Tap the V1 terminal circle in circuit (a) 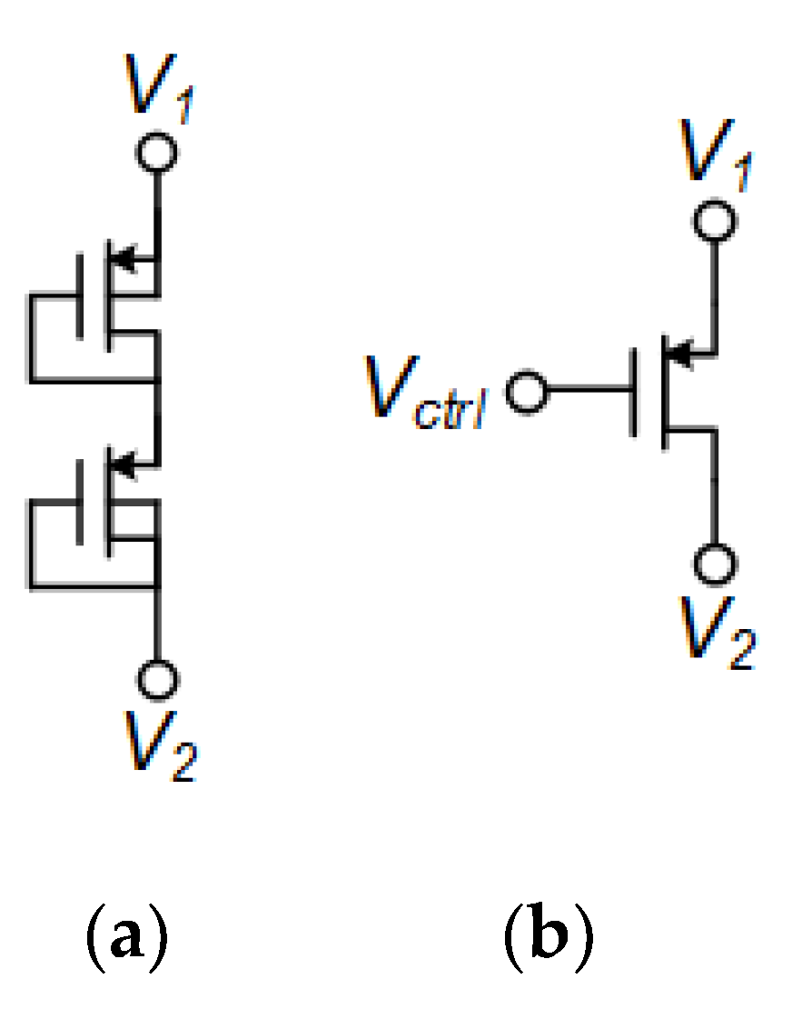158,152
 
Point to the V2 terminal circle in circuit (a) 158,679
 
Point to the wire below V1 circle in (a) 158,209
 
